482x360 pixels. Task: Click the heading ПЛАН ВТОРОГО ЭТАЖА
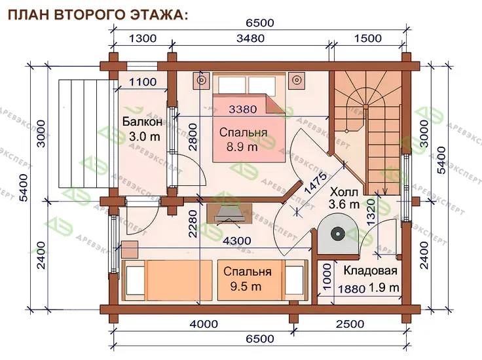point(98,15)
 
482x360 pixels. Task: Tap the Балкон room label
point(142,122)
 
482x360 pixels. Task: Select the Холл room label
point(344,192)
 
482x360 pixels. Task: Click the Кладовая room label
point(371,270)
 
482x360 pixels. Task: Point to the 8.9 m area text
point(242,147)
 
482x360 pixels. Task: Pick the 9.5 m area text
point(246,286)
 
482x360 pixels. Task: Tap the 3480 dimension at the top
point(251,39)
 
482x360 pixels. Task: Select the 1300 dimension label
point(143,39)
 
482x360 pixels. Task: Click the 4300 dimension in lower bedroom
point(236,240)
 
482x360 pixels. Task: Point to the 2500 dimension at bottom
point(350,324)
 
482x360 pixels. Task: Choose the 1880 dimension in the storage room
point(352,289)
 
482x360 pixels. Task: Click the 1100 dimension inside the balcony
point(143,82)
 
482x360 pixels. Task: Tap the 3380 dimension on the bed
point(243,109)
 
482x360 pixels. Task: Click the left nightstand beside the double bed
point(201,81)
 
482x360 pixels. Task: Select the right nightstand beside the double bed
point(296,81)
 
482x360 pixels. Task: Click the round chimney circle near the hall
point(337,234)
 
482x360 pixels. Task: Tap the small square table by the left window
point(130,249)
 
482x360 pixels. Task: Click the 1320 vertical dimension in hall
point(371,213)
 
